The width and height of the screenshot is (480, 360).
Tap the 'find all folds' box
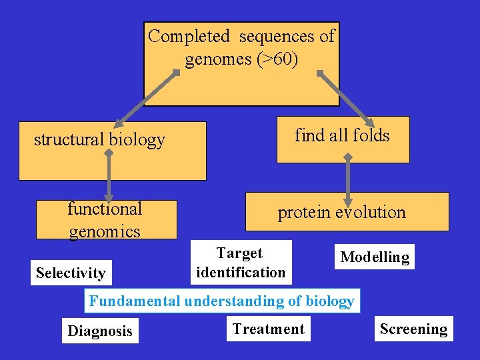coord(343,139)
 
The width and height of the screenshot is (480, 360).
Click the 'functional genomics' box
coord(106,219)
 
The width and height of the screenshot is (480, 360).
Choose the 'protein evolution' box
coord(347,212)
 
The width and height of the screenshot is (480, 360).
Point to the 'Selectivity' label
coord(71,273)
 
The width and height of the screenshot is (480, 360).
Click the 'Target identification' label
coord(241,263)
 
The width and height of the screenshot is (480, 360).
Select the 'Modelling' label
coord(375,257)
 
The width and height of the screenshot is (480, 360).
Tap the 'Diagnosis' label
coord(100,331)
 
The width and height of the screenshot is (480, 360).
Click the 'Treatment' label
coord(268,329)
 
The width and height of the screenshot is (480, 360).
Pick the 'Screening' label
coord(413,329)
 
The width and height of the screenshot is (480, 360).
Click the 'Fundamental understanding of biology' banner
coord(222,301)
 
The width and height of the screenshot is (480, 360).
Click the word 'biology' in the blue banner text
coord(329,301)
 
